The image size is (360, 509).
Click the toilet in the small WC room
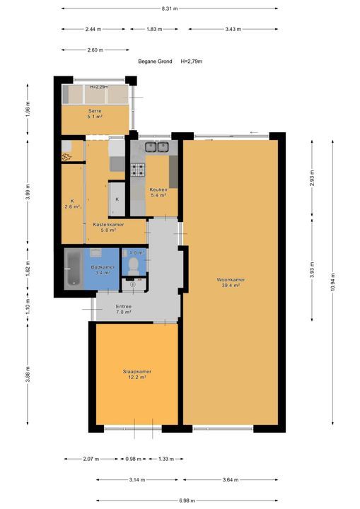point(133,265)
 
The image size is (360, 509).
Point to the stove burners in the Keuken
point(137,170)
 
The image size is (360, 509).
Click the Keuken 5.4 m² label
point(157,192)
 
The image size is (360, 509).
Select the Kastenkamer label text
point(108,225)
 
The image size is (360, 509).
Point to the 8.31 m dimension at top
point(169,8)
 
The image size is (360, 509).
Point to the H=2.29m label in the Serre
point(99,87)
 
